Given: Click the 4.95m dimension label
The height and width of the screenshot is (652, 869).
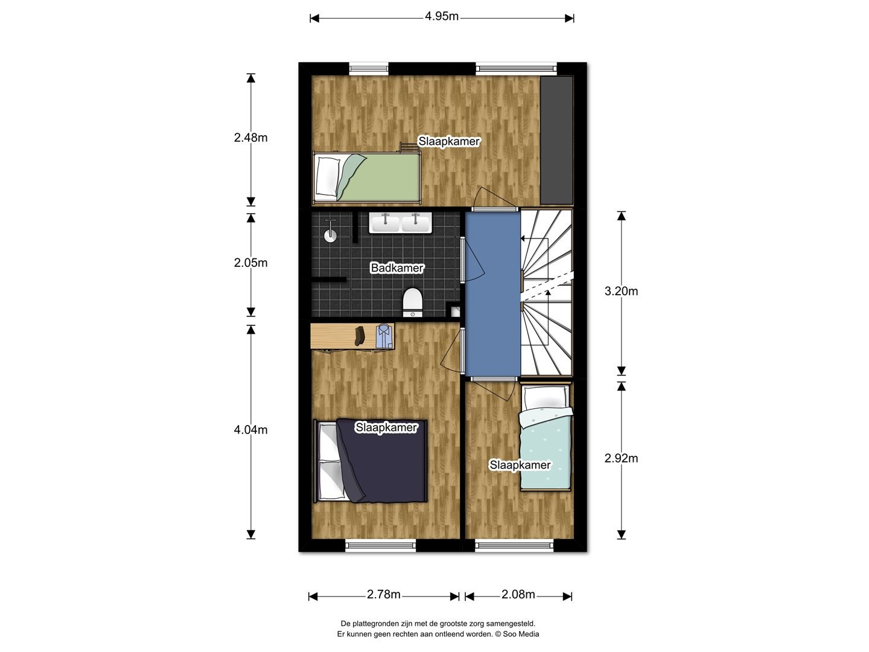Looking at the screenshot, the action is pos(441,16).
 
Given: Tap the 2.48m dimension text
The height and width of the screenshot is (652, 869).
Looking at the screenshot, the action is pos(250,138).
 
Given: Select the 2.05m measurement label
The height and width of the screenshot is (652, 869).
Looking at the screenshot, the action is pos(250,263).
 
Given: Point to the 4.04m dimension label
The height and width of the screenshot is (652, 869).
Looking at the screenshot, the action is pos(250,430).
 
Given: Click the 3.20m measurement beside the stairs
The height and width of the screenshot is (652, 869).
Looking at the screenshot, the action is pos(621,292).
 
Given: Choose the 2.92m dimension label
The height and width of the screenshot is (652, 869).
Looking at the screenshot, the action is pos(621,458).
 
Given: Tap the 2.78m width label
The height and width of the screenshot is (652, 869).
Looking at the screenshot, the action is pos(384,595).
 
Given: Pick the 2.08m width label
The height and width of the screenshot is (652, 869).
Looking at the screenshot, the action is pos(518,595).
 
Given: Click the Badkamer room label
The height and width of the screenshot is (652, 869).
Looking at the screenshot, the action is pos(397,268).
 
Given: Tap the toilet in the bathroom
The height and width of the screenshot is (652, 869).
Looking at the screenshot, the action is pos(413,302).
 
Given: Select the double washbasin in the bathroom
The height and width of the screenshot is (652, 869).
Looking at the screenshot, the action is pos(400,223).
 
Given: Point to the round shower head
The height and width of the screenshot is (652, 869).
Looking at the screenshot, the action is pos(330,235).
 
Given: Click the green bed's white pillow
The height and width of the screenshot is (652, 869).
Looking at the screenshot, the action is pos(328,176).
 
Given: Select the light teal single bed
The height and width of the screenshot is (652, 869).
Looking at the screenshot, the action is pos(546,437).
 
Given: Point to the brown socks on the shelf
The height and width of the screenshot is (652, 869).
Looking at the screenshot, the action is pos(360,336).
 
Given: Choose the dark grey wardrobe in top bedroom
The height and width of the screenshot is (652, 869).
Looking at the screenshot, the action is pos(556,141).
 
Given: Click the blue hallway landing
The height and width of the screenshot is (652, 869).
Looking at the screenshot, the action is pos(492,294).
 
